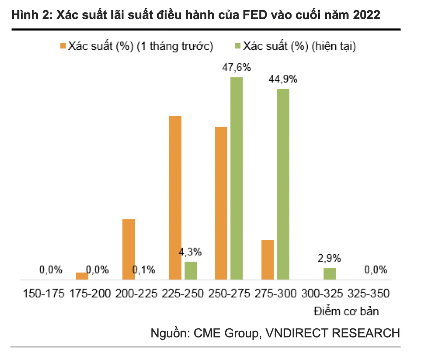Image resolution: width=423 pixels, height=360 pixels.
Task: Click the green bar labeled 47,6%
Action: tap(237, 178)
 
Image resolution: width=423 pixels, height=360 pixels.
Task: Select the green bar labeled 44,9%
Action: tap(283, 184)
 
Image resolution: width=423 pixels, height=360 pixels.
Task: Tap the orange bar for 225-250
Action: tap(175, 198)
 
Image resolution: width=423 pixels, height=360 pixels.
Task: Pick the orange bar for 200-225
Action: tap(129, 249)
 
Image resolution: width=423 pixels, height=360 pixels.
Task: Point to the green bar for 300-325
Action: tap(330, 274)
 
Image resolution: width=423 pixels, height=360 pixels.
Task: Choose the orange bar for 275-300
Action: tap(268, 260)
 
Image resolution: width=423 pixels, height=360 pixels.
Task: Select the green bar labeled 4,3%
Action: tap(191, 271)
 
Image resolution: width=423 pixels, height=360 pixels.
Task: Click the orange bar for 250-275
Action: tap(221, 203)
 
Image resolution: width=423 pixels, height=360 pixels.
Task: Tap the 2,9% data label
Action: tap(329, 258)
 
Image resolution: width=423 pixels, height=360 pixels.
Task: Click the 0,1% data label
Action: tap(144, 270)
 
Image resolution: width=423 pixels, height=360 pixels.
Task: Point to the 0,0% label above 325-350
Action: tap(376, 270)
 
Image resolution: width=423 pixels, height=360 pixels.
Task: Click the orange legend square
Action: tap(63, 46)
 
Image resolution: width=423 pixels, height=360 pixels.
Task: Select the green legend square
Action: tap(238, 46)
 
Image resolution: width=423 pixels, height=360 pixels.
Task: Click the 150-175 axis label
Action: tap(44, 293)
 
